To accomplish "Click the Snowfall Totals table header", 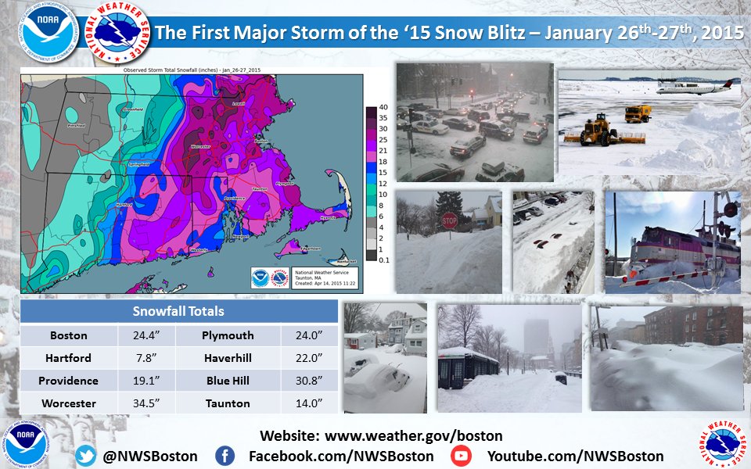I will tap(179, 311).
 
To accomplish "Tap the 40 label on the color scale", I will tap(383, 107).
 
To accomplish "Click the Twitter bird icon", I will tap(87, 456).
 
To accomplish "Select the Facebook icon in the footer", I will tap(225, 456).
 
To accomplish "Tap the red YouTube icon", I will tap(462, 456).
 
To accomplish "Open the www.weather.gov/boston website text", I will tap(413, 435).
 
